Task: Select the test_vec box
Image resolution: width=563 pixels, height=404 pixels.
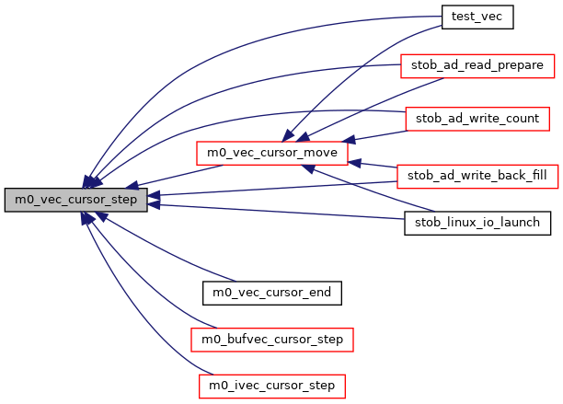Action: point(476,16)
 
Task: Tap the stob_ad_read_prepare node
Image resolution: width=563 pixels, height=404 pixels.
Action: point(477,66)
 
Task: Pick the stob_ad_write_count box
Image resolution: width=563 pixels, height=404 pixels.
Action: point(477,119)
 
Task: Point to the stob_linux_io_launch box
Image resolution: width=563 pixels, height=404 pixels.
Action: point(477,224)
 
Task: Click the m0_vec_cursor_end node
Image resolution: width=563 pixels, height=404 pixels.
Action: point(272,293)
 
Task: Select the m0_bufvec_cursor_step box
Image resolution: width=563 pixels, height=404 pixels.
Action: point(271,340)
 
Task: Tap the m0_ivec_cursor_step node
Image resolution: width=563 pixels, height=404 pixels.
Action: point(271,385)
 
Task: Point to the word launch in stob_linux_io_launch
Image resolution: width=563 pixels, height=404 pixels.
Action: point(524,224)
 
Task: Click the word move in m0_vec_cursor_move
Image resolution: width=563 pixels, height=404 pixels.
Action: point(323,150)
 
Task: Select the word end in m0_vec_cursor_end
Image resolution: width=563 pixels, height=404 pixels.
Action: point(323,293)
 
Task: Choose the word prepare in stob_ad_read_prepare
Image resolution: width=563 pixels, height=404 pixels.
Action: point(523,66)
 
